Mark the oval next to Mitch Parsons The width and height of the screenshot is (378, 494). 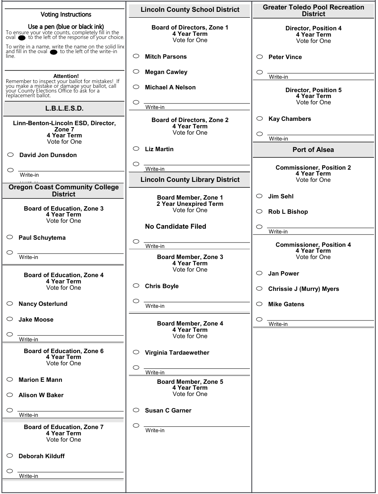click(x=136, y=56)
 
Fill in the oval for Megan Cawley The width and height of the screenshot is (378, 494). click(x=136, y=72)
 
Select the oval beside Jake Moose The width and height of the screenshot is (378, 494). click(x=10, y=319)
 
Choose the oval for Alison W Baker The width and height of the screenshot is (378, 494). click(x=10, y=395)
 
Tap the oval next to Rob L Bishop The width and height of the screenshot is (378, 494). click(x=259, y=211)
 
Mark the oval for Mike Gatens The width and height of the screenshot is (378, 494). click(x=259, y=304)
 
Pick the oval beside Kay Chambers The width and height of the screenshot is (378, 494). click(x=259, y=118)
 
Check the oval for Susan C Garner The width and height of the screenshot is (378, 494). click(x=136, y=410)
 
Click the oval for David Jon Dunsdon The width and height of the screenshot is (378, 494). click(x=11, y=155)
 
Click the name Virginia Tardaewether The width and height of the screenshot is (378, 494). click(x=177, y=353)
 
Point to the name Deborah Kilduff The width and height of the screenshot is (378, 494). click(x=41, y=456)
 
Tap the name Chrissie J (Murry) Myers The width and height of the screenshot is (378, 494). click(x=303, y=289)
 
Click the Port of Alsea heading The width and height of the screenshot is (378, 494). click(x=313, y=150)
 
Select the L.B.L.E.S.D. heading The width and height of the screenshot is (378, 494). click(x=64, y=109)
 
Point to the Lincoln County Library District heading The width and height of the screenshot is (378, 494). click(x=190, y=180)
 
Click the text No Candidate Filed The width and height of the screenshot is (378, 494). click(x=175, y=226)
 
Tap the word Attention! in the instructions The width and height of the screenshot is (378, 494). click(x=66, y=76)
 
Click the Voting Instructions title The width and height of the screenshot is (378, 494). click(x=66, y=15)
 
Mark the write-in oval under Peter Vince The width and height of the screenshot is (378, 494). click(x=259, y=72)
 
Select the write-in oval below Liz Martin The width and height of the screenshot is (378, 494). click(x=136, y=164)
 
